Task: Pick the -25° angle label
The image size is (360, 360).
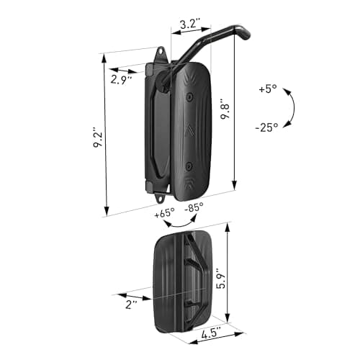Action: pyautogui.click(x=267, y=128)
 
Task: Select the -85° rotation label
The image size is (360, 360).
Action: pyautogui.click(x=194, y=207)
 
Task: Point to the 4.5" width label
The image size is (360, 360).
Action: pyautogui.click(x=210, y=333)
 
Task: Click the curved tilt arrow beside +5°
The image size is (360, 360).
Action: pyautogui.click(x=289, y=108)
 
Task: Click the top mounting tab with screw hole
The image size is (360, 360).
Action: pyautogui.click(x=160, y=55)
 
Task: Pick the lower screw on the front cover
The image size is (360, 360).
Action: pyautogui.click(x=189, y=163)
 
